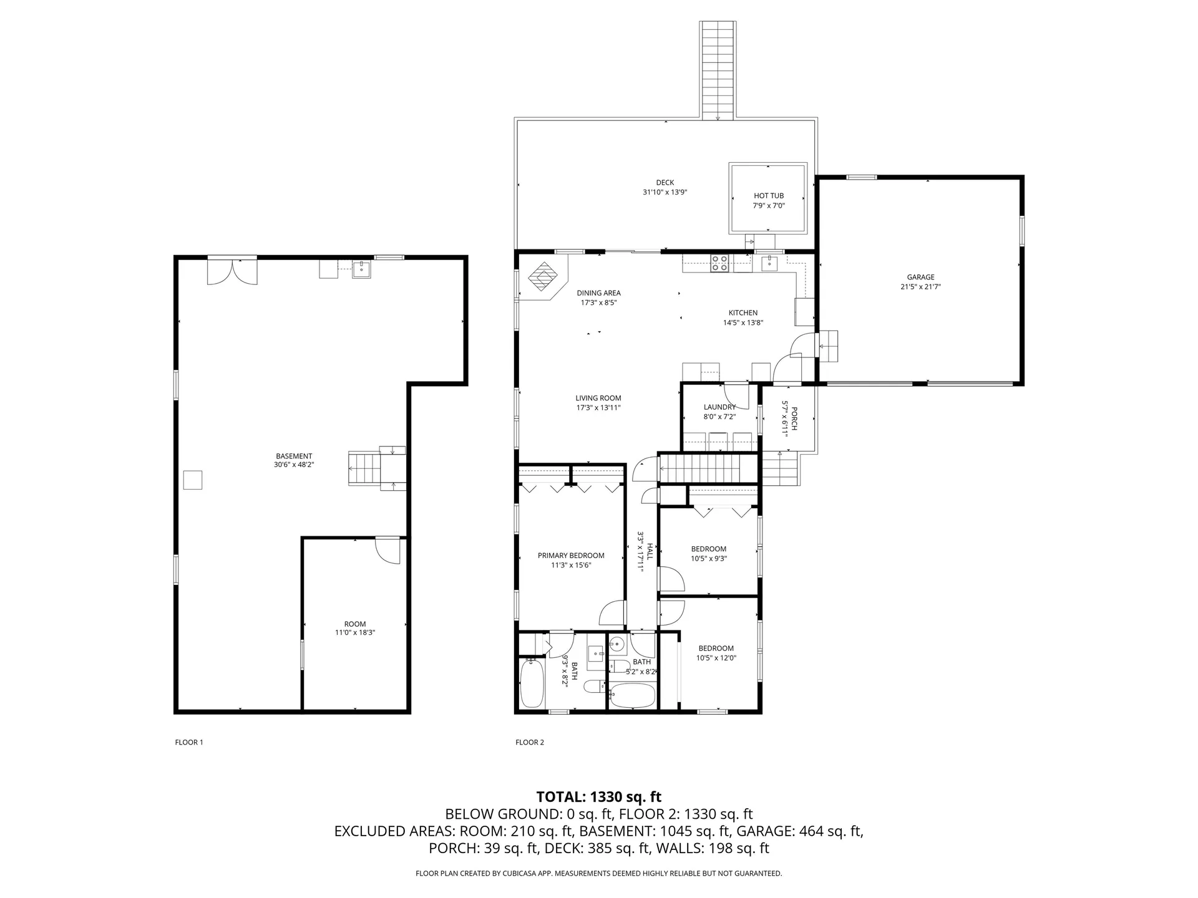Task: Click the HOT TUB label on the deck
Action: point(768,196)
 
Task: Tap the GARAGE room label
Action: point(920,278)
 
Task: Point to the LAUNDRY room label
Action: point(719,407)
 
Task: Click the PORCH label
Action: point(794,418)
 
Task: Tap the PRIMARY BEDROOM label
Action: point(571,556)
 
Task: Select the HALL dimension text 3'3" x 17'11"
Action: point(640,551)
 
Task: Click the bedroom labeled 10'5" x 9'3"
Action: point(708,554)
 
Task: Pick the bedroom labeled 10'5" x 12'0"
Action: point(716,653)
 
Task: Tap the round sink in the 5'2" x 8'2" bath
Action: point(617,644)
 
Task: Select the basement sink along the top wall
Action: point(361,269)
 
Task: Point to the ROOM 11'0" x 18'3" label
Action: point(355,628)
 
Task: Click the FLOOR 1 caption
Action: point(189,742)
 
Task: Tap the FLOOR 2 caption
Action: point(530,742)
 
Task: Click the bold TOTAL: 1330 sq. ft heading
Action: point(598,797)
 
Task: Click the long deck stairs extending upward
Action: point(718,69)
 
